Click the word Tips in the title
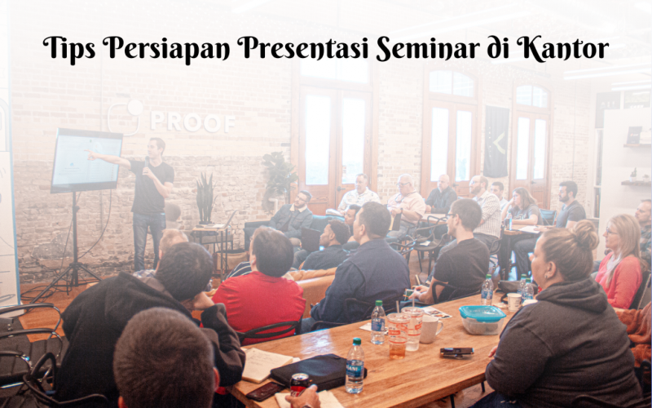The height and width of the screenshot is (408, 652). [x=68, y=50]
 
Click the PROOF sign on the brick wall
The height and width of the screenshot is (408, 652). [x=192, y=122]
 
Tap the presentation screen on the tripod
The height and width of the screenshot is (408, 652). [x=86, y=160]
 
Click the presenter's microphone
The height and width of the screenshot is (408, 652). [x=146, y=170]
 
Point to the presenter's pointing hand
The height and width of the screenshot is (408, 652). [x=91, y=153]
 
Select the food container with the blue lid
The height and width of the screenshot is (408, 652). [x=482, y=318]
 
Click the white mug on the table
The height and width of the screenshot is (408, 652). [x=430, y=329]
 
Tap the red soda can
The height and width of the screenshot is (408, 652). [x=300, y=384]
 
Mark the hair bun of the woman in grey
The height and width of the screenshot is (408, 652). [x=584, y=236]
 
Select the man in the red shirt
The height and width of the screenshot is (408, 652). [x=258, y=282]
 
